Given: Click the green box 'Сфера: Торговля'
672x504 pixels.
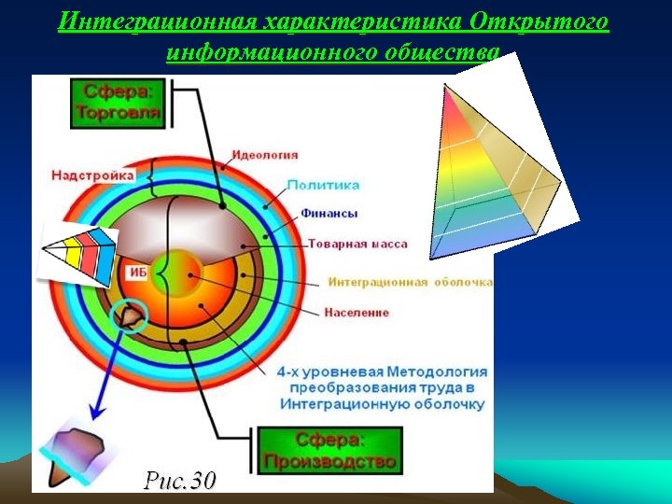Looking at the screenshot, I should [x=117, y=103].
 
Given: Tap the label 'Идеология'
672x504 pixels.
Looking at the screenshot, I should [x=264, y=155].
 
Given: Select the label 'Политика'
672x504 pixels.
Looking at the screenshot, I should [x=323, y=185].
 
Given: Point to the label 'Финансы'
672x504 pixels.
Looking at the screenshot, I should [x=329, y=214].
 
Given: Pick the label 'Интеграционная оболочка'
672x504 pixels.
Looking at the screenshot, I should [x=410, y=282].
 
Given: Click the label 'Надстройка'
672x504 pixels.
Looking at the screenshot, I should [x=92, y=175].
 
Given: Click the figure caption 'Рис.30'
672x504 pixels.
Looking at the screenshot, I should [x=179, y=480].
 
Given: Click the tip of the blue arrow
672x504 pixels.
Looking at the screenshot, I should [x=92, y=418].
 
